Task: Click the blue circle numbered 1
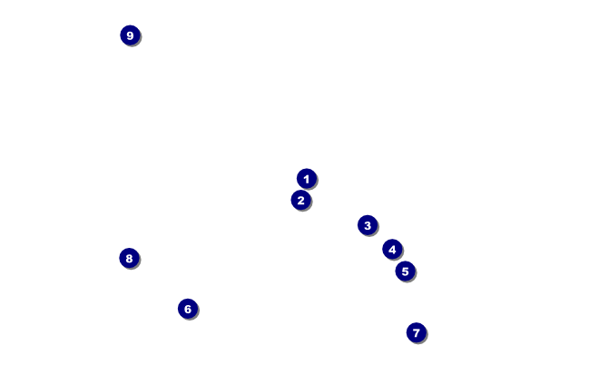pos(307,179)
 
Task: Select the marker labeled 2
pos(301,200)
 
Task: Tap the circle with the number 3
pos(367,225)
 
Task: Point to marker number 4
pos(392,249)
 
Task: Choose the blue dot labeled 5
pos(405,271)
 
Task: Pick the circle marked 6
pos(188,309)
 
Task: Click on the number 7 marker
pos(416,332)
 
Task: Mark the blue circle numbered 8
pos(129,258)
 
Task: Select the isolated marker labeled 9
pos(130,35)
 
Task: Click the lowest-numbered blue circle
pos(307,179)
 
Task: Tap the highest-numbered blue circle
pos(130,35)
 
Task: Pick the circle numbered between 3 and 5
pos(392,249)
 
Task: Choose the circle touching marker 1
pos(301,200)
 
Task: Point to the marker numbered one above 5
pos(188,309)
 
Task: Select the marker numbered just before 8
pos(416,332)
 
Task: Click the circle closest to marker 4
pos(405,271)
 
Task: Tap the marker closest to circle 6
pos(129,258)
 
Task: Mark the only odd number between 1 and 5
pos(367,225)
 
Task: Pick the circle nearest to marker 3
pos(392,249)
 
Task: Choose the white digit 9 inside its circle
pos(130,35)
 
